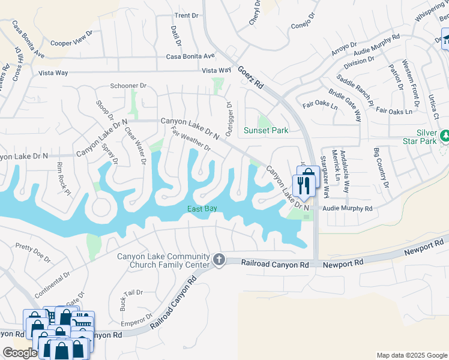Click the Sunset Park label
(x=266, y=130)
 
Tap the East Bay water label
(x=202, y=209)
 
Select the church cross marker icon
(x=218, y=260)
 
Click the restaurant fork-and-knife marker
(x=303, y=187)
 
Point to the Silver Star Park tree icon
(x=445, y=136)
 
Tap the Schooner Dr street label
(x=127, y=86)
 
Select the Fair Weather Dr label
(x=190, y=139)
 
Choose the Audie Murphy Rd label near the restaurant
(x=348, y=208)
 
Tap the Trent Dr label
(x=185, y=16)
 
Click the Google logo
(x=20, y=353)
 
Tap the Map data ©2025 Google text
(x=411, y=355)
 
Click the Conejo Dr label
(x=303, y=21)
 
